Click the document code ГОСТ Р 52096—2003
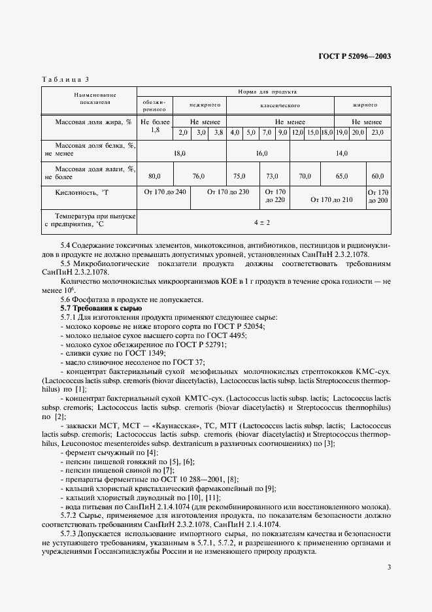tap(354, 56)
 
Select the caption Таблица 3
tap(65, 79)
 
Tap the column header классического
tap(279, 105)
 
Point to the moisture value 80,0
tap(154, 176)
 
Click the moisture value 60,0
tap(378, 176)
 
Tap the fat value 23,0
tap(378, 133)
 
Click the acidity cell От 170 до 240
tap(164, 192)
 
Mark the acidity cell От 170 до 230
tap(227, 192)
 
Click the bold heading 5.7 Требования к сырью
tap(99, 308)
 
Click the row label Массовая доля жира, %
tap(88, 122)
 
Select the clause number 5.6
tap(66, 299)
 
